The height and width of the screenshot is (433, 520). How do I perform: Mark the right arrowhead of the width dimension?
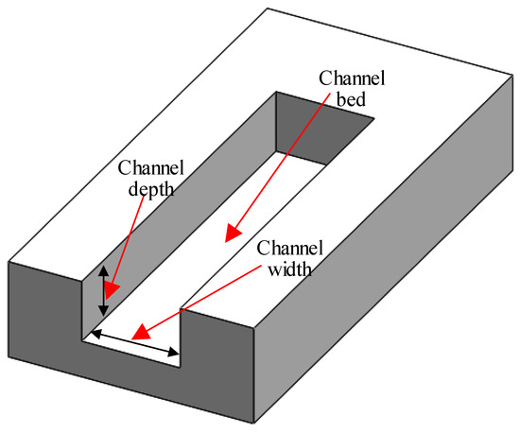pyautogui.click(x=174, y=354)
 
